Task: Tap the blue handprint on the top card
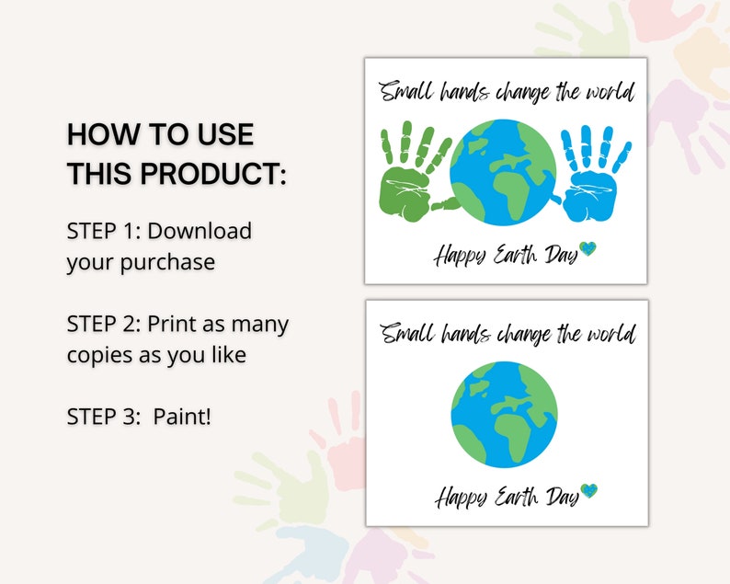tap(593, 180)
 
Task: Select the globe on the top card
tap(503, 173)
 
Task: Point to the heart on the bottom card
tap(588, 491)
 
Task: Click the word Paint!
tap(182, 417)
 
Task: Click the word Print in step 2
tap(170, 324)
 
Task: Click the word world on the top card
tap(608, 93)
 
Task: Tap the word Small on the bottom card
tap(405, 334)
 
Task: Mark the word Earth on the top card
tap(513, 254)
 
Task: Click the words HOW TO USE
tap(160, 134)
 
